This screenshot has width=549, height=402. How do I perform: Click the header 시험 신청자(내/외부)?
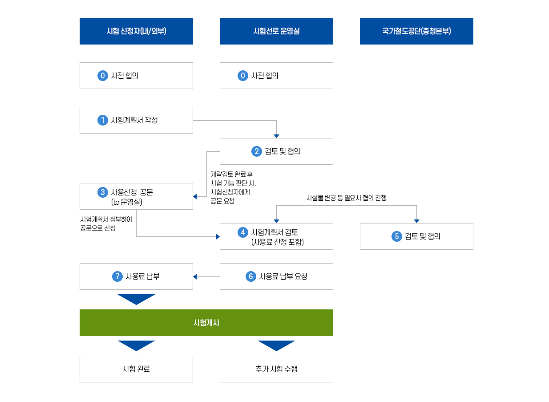(x=136, y=31)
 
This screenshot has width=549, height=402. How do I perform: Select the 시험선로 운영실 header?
(x=276, y=31)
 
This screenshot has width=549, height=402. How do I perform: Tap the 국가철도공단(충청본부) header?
(x=416, y=31)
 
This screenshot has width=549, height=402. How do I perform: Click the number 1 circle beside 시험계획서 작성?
(x=103, y=120)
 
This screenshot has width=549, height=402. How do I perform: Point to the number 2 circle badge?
(x=257, y=151)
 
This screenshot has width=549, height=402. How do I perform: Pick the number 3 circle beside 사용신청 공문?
(x=103, y=192)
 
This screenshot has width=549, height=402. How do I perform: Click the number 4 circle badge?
(x=243, y=232)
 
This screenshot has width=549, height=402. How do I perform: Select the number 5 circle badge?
(x=397, y=236)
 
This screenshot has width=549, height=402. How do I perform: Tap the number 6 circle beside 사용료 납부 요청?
(x=251, y=276)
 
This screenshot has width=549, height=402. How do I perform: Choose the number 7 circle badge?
(x=117, y=276)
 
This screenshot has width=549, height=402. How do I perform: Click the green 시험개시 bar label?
(x=206, y=323)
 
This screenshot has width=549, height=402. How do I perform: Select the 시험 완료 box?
(x=136, y=369)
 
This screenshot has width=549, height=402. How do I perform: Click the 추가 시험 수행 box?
(x=276, y=369)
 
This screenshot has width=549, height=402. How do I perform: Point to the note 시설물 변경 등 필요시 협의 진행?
(x=347, y=198)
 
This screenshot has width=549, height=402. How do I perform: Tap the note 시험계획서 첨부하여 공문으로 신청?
(x=106, y=223)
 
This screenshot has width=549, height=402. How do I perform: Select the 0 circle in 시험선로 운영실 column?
(x=243, y=76)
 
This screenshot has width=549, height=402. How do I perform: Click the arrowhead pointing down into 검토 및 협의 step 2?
(x=276, y=136)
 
